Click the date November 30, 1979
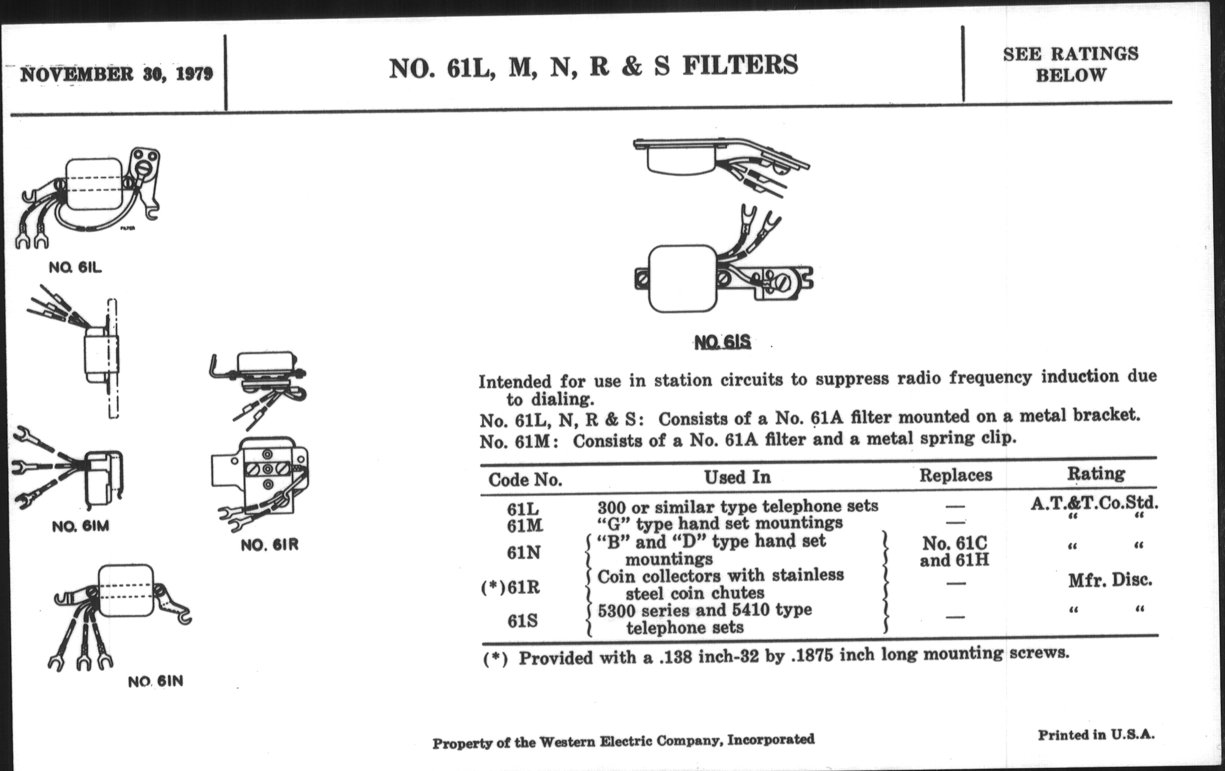(116, 75)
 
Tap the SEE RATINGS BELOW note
(1070, 64)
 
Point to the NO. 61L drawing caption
(75, 267)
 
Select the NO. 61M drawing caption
(81, 526)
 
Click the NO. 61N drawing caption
(155, 681)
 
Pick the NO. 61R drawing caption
(269, 545)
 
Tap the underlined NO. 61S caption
(722, 342)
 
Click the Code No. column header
(525, 479)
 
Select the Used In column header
(737, 477)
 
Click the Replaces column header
(956, 475)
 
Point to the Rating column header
(1096, 474)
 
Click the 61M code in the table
(525, 525)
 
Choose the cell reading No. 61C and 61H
(955, 552)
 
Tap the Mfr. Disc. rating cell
(1110, 580)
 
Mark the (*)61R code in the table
(510, 588)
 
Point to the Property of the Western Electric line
(623, 741)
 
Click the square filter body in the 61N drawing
(125, 590)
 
